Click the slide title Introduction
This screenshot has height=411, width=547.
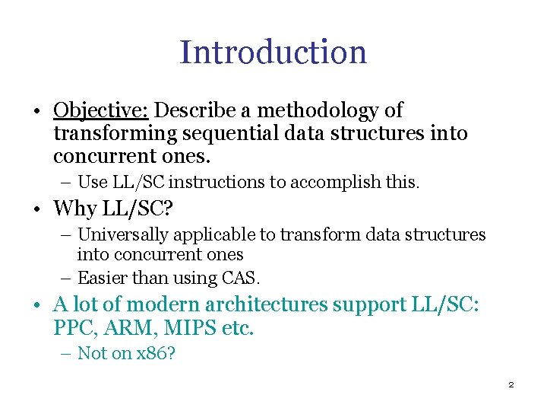(x=273, y=52)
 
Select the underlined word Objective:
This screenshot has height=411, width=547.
(x=100, y=111)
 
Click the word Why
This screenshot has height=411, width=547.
(x=73, y=209)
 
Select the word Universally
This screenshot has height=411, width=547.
(x=125, y=235)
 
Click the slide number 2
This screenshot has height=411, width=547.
(x=511, y=385)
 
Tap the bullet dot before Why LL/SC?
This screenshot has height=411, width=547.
(x=37, y=210)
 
